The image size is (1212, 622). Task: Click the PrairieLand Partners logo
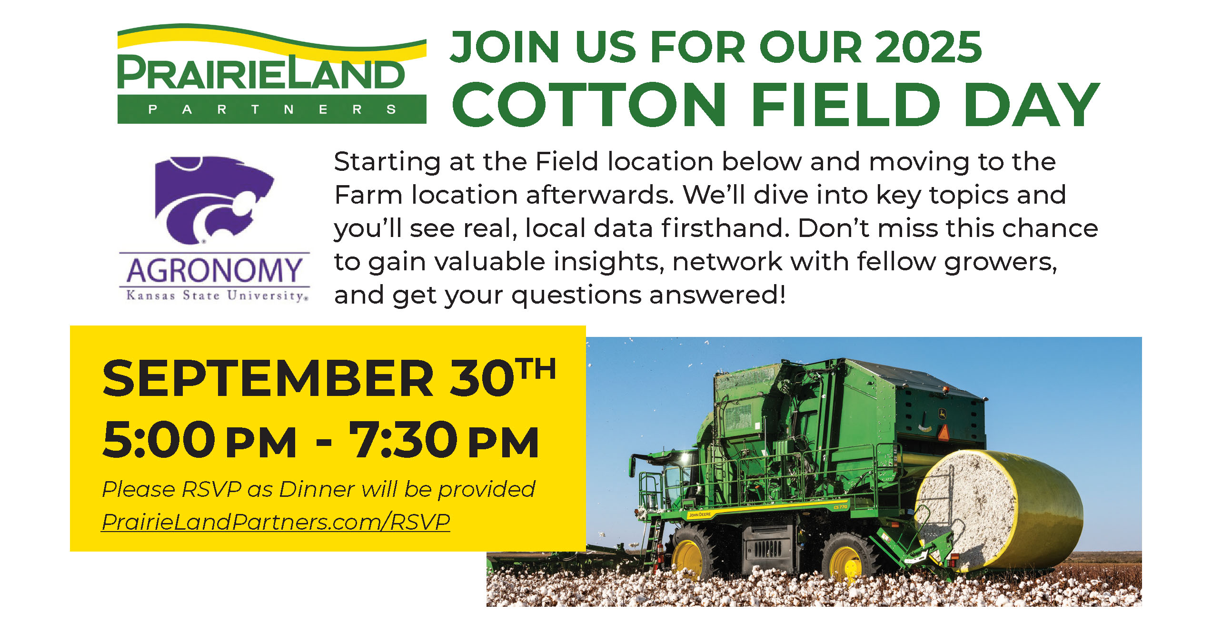pos(272,74)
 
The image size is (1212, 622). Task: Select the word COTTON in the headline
pos(589,104)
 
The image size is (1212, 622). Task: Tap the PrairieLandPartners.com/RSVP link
pos(276,522)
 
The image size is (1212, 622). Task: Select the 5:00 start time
pos(159,440)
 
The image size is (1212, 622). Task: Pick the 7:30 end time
pos(404,440)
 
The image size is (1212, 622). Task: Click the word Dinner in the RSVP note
pos(317,489)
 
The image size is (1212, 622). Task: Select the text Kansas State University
pos(217,296)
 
